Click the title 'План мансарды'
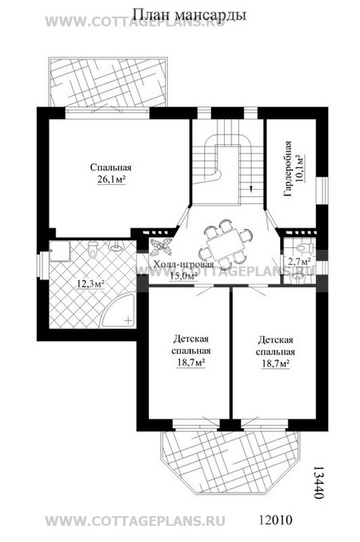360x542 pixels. click(189, 15)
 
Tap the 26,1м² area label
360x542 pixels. click(111, 180)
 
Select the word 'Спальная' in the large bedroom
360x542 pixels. click(111, 167)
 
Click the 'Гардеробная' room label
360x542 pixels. click(288, 169)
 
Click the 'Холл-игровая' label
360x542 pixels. click(183, 264)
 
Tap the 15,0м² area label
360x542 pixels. click(183, 275)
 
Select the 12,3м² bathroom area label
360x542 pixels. click(91, 284)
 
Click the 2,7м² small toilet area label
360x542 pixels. click(299, 261)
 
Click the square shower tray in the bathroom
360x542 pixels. click(59, 251)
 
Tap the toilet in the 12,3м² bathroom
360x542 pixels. click(93, 248)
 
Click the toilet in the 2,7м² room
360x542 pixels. click(305, 247)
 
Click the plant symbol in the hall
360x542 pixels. click(161, 246)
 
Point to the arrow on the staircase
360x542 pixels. click(251, 187)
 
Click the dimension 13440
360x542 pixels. click(318, 481)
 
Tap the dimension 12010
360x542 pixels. click(275, 520)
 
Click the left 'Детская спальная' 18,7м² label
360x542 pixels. click(191, 351)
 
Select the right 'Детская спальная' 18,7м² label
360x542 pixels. click(275, 352)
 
